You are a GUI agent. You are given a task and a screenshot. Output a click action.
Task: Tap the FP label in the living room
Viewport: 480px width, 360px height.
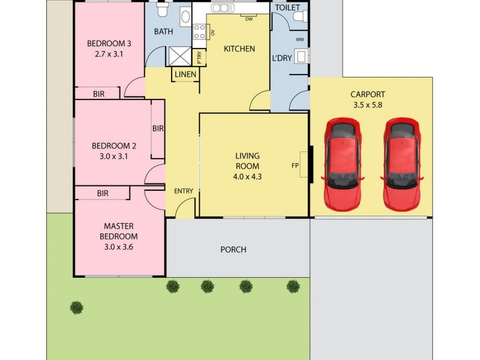pos(295,166)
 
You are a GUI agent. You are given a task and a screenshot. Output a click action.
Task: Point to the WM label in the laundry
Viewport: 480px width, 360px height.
pos(299,40)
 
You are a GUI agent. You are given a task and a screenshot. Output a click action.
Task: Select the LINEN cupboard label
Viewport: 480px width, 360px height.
pos(185,74)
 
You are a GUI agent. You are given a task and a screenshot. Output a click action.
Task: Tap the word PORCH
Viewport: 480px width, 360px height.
pos(233,250)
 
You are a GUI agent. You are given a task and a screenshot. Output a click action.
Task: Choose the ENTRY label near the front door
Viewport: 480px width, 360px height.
pos(184,191)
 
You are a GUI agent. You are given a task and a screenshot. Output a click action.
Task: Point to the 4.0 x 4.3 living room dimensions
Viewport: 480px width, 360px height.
pos(247,177)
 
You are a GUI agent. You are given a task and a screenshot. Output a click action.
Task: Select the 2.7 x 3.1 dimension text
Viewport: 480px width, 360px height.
pos(109,55)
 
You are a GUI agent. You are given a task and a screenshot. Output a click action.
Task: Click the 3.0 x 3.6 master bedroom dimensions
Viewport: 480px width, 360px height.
pos(118,247)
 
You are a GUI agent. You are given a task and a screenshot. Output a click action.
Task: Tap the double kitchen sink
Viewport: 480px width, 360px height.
pos(223,8)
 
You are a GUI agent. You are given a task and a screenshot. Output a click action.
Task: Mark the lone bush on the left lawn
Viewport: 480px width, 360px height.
pos(76,308)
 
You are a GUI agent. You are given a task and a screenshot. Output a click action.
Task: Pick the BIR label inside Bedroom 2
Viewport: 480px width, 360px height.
pos(158,128)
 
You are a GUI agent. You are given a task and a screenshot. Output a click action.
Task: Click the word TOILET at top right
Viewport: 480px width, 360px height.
pos(287,8)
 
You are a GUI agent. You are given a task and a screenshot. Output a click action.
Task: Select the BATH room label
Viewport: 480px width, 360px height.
pos(164,31)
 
